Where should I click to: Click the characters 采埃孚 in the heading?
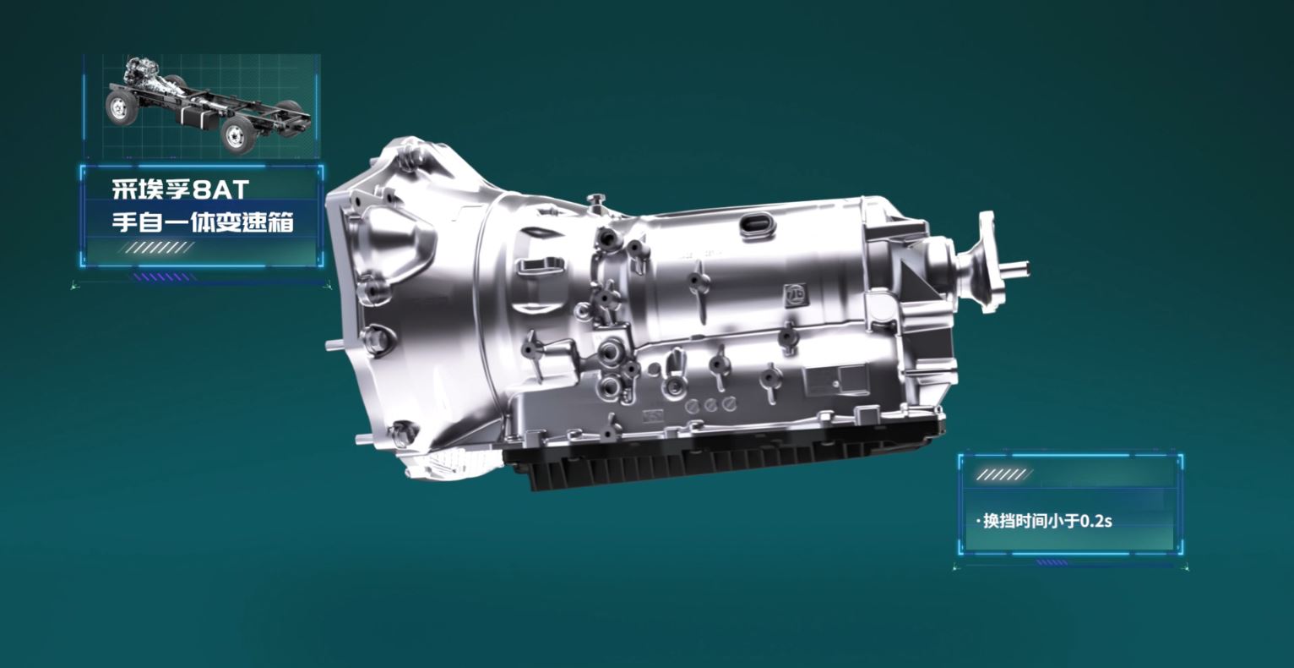coord(150,189)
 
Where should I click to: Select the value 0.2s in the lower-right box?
coord(1096,521)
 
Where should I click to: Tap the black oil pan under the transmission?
coord(722,460)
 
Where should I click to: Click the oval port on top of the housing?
coord(756,225)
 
